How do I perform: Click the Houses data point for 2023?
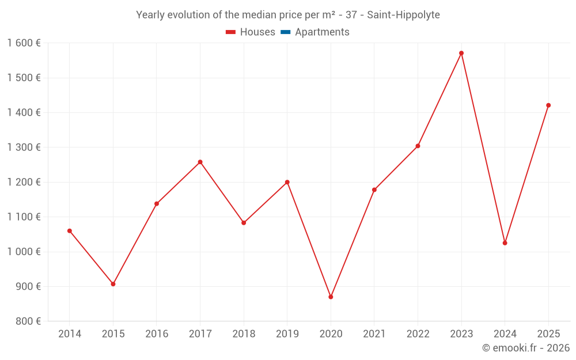coord(461,53)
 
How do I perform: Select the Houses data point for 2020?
coord(331,297)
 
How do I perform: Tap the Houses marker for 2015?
coord(113,284)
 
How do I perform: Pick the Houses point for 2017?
coord(200,162)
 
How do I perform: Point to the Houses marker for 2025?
coord(548,105)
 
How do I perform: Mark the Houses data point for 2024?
coord(505,243)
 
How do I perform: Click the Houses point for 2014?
coord(70,231)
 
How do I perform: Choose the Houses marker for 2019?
coord(287,182)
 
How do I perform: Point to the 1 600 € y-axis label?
coord(24,43)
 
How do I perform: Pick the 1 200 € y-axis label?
coord(24,182)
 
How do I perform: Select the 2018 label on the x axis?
coord(244,334)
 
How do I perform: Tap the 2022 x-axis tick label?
coord(418,334)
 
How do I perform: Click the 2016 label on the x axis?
coord(157,334)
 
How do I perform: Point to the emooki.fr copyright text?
coord(525,348)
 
